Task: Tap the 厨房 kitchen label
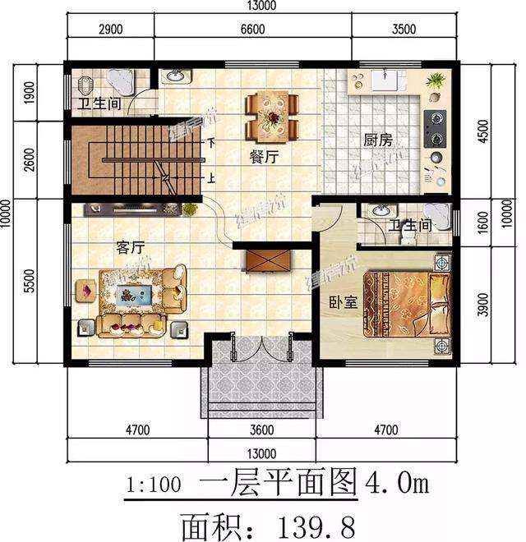point(376,140)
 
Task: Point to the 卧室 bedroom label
point(343,302)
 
